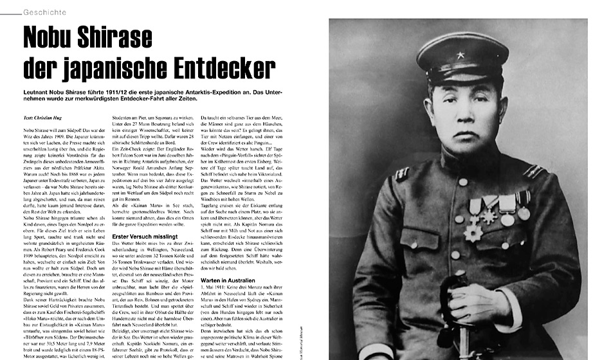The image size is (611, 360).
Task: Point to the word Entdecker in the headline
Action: click(225, 66)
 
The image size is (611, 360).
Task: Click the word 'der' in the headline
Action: click(41, 66)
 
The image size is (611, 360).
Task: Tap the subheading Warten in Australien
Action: click(228, 281)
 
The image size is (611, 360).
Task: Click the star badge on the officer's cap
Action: click(461, 55)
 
